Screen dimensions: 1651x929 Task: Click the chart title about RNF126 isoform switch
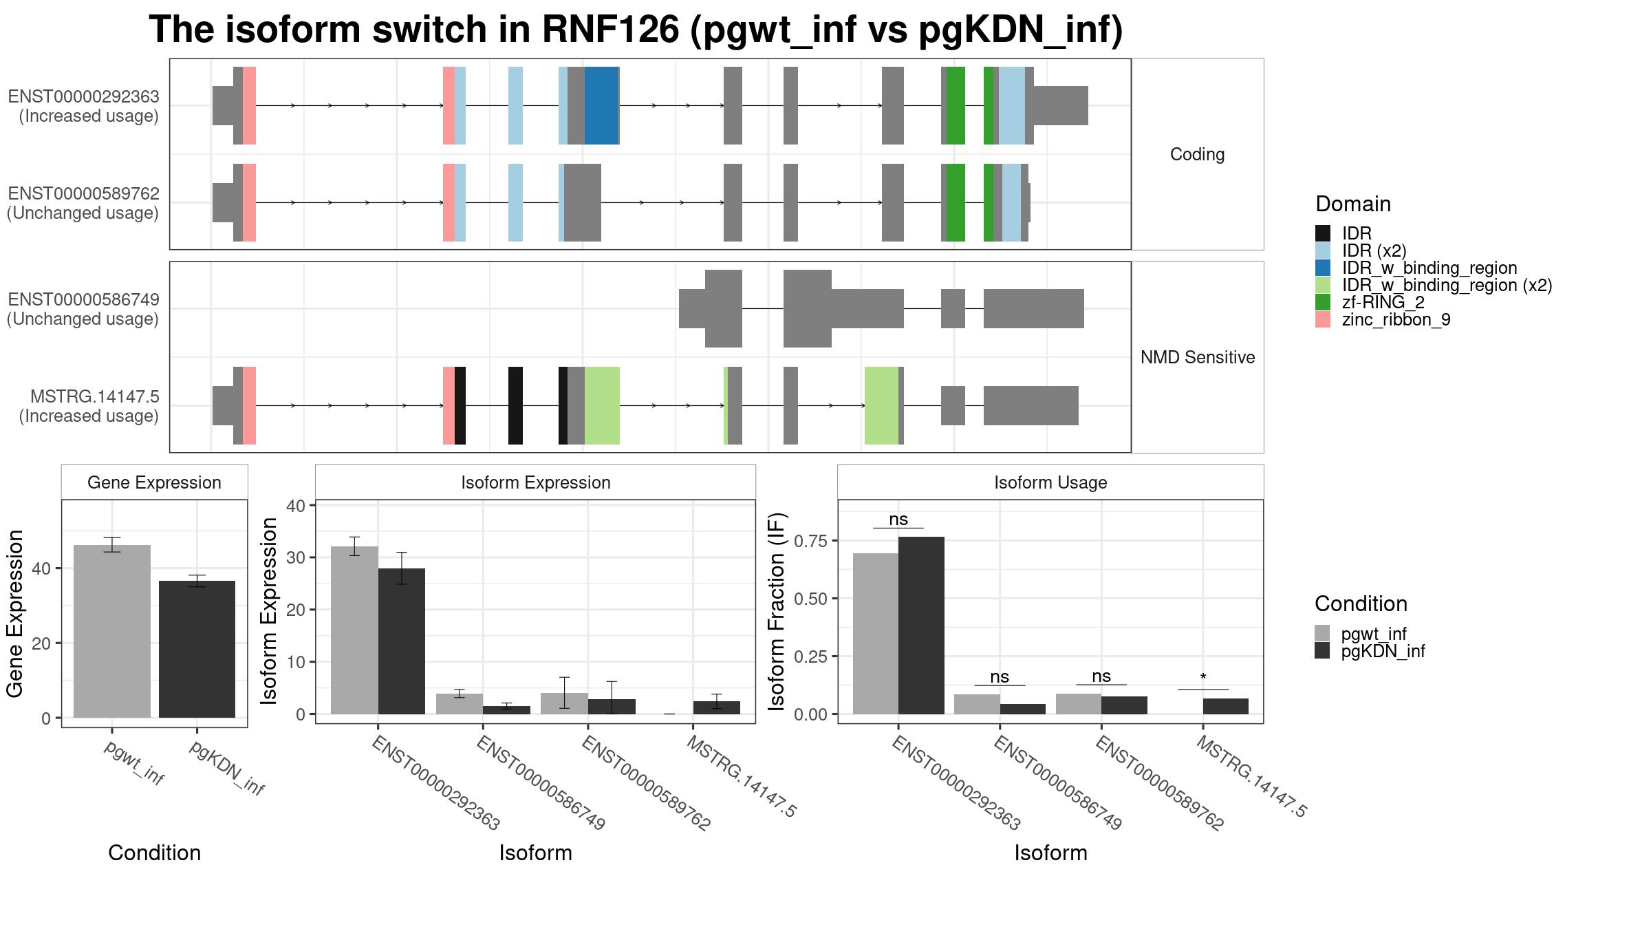click(636, 30)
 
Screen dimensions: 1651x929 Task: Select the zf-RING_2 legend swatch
click(1322, 302)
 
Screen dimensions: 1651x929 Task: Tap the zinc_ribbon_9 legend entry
click(1383, 319)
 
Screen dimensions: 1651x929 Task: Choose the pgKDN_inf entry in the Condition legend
click(1370, 651)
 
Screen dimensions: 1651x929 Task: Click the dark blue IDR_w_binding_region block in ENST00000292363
click(601, 105)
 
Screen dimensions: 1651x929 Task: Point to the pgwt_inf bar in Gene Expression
click(112, 631)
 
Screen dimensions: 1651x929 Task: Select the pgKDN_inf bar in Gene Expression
click(197, 649)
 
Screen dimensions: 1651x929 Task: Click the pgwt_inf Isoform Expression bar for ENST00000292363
click(354, 630)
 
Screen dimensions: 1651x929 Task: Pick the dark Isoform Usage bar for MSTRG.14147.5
click(1226, 706)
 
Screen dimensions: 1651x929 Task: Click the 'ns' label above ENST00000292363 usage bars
click(898, 520)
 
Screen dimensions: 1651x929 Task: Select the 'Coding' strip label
click(1198, 154)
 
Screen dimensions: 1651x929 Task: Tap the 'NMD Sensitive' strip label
click(1198, 357)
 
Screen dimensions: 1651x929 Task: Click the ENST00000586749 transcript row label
click(83, 309)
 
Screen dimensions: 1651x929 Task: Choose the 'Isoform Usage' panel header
click(1050, 482)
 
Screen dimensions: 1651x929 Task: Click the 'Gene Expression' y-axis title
click(15, 613)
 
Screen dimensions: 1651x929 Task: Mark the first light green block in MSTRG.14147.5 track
click(602, 405)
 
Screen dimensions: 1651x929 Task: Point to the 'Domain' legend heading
click(1353, 204)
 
